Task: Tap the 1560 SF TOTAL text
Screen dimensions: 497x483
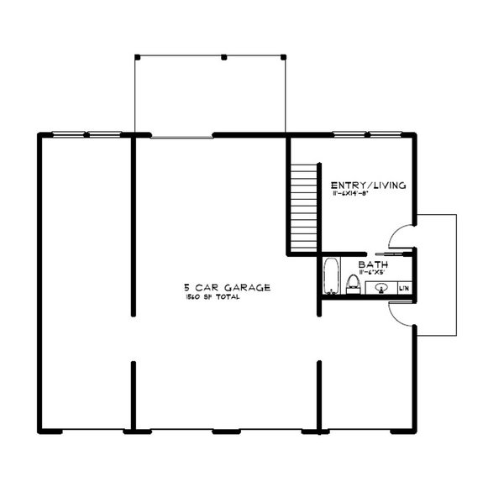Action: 212,298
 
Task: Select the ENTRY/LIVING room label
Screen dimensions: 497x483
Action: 368,185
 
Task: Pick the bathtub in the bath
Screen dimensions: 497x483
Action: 331,277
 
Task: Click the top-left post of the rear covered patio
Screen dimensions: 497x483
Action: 136,57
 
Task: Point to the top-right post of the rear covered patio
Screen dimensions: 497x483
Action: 283,57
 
